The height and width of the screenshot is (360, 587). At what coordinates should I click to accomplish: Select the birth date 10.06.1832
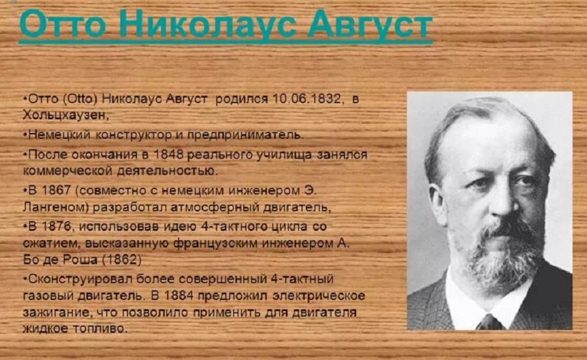click(x=307, y=98)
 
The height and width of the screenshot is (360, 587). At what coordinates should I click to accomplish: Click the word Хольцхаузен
click(x=65, y=115)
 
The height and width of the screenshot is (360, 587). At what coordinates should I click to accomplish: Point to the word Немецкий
click(x=59, y=135)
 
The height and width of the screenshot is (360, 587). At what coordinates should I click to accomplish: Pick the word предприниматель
click(x=245, y=135)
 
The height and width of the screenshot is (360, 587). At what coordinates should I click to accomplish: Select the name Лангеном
click(x=56, y=207)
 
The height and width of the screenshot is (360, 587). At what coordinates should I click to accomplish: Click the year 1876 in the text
click(x=56, y=226)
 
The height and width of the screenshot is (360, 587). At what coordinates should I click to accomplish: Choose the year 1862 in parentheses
click(x=122, y=260)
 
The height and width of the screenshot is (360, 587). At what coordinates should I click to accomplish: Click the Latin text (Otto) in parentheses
click(x=80, y=98)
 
